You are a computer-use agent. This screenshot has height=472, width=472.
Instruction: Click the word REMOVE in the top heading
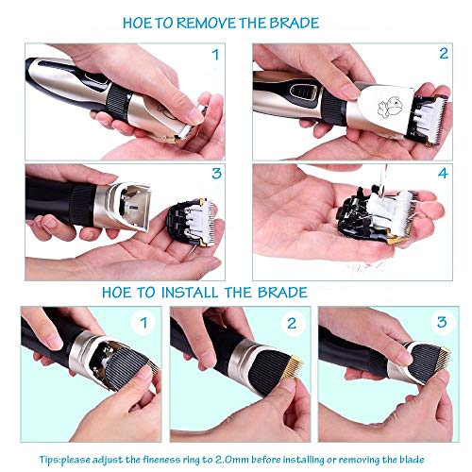[x=206, y=23]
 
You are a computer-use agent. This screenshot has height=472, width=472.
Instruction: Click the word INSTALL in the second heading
[x=190, y=293]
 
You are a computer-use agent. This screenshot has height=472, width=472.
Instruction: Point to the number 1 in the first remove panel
[x=215, y=55]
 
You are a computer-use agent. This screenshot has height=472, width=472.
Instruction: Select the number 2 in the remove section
[x=444, y=53]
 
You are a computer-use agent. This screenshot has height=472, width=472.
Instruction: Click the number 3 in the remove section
[x=216, y=174]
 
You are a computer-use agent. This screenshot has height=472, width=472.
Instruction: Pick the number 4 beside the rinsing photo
[x=443, y=174]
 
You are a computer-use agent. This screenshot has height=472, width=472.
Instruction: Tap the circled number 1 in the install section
[x=143, y=323]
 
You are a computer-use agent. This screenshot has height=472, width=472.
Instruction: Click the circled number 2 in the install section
[x=292, y=323]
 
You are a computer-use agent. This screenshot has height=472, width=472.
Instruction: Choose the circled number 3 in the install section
[x=442, y=322]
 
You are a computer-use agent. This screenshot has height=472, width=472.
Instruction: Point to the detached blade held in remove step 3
[x=192, y=222]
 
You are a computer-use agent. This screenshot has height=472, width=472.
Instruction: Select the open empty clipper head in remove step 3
[x=127, y=205]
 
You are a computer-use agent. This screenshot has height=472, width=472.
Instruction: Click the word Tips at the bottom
[x=49, y=460]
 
